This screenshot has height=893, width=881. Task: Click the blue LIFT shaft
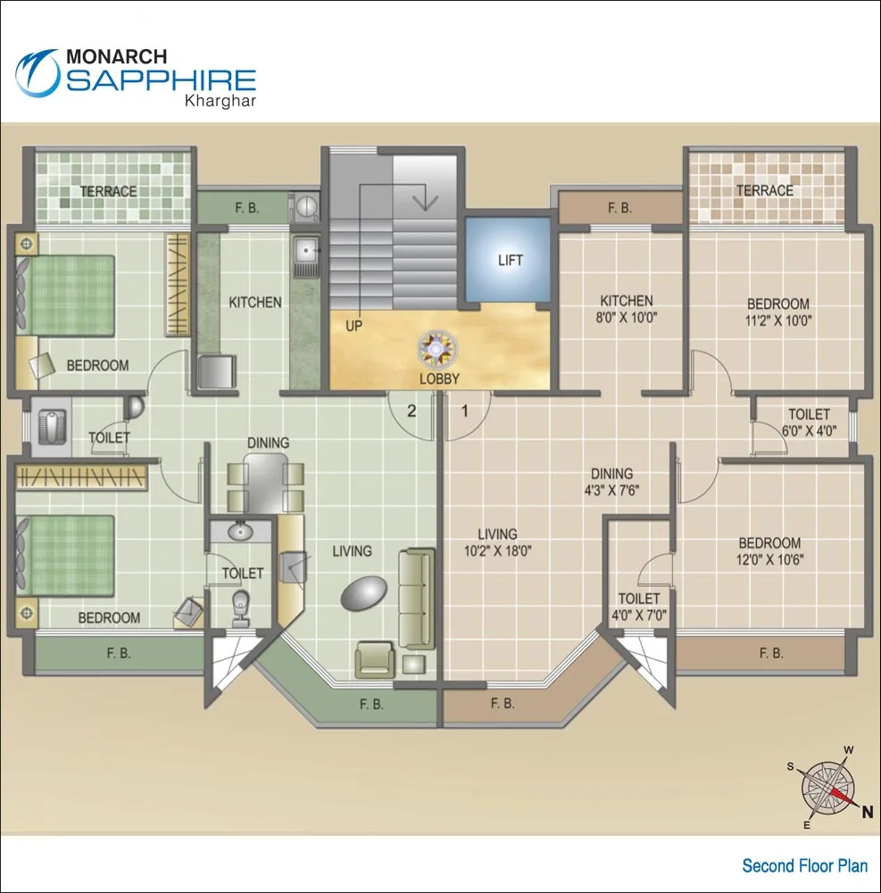509,260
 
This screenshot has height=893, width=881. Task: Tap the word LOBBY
440,379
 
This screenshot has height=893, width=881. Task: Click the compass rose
827,787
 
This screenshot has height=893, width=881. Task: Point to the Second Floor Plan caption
804,865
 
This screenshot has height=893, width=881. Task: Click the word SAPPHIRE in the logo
162,80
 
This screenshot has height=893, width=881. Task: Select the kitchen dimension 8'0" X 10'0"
626,317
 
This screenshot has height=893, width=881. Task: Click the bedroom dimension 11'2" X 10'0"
778,321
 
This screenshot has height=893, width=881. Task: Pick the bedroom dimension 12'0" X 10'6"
769,560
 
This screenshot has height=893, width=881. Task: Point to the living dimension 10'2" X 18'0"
497,551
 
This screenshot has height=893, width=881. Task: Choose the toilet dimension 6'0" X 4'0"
809,430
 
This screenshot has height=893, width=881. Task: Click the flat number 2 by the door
411,412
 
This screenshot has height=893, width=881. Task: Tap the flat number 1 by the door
465,412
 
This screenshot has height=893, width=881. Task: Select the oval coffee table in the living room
364,592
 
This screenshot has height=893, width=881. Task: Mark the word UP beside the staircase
354,327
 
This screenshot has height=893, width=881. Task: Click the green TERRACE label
109,191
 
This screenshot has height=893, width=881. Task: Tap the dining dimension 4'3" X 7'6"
611,490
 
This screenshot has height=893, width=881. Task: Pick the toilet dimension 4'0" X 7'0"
639,614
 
